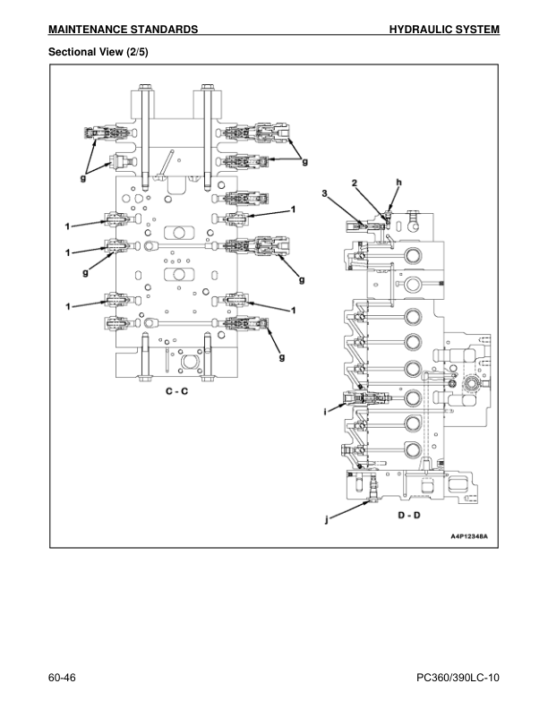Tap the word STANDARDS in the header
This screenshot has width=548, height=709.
point(167,30)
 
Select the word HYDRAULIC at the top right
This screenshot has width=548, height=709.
point(424,30)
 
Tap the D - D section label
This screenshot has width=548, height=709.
point(409,516)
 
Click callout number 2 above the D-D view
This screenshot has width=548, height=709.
point(355,183)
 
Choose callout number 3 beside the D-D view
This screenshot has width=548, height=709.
point(324,193)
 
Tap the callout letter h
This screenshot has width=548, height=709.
point(398,182)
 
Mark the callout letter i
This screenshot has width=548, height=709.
point(325,411)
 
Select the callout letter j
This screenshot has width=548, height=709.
point(325,517)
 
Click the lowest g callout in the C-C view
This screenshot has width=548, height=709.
point(281,358)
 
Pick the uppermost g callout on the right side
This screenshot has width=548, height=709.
point(304,162)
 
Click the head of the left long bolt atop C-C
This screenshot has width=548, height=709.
point(144,89)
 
